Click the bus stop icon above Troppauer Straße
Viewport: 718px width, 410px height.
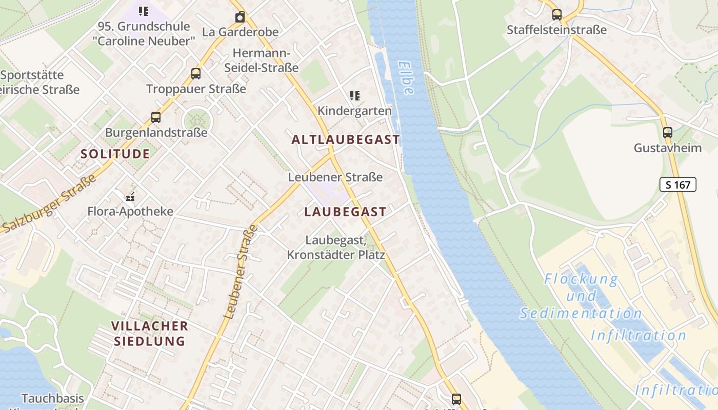click(196, 73)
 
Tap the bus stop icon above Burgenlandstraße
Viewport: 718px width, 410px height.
click(156, 117)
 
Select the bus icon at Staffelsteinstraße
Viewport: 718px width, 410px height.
click(557, 14)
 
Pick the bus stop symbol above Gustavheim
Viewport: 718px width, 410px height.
click(668, 133)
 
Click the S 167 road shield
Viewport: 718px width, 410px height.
click(677, 184)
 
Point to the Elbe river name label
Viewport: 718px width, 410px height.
click(406, 78)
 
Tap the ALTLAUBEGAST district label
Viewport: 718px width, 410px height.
click(346, 139)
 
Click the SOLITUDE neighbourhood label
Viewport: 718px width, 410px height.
click(115, 154)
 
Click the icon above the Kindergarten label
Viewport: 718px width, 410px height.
click(355, 95)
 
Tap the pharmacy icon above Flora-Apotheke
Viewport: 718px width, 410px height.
click(130, 196)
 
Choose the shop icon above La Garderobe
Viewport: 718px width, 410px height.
click(240, 17)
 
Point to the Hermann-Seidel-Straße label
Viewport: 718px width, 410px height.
click(262, 60)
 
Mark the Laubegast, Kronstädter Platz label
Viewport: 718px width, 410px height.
click(336, 247)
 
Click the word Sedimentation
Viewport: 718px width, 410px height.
click(581, 313)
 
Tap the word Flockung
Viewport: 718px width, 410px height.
click(581, 279)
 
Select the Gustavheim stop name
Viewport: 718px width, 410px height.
click(667, 148)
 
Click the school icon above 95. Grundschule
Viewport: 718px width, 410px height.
click(144, 11)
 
